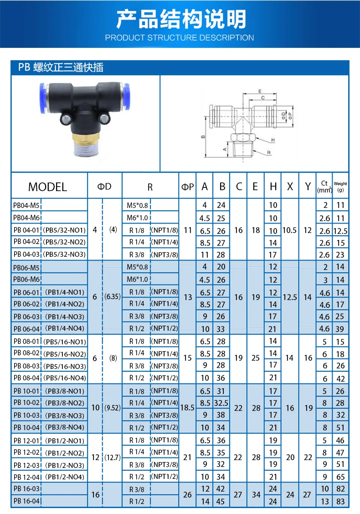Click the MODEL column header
[x=47, y=187]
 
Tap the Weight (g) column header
[x=340, y=187]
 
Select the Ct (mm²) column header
[x=324, y=187]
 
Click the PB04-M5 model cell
[x=26, y=206]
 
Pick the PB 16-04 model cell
[x=26, y=501]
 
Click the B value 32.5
[x=221, y=403]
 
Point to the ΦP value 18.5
[x=187, y=408]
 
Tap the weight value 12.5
[x=340, y=231]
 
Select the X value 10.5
[x=289, y=230]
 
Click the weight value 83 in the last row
[x=340, y=502]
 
